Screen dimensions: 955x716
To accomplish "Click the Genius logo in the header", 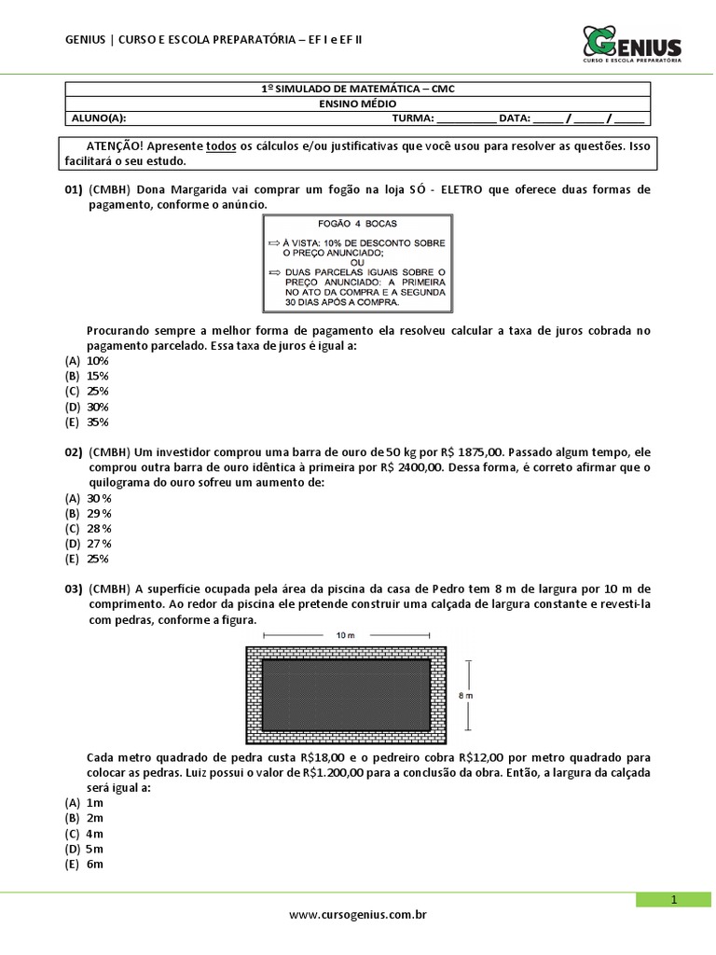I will coord(632,43).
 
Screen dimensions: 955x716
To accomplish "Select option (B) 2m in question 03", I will coord(85,818).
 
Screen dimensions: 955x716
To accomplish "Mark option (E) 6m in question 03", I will coord(85,865).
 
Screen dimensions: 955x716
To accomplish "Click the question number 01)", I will coord(74,189).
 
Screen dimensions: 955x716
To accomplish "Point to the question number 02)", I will coord(74,452).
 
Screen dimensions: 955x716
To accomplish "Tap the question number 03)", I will coord(74,589).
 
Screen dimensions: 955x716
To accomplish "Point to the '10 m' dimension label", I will coord(345,634).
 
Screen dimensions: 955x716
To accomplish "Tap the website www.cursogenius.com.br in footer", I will coord(358,916).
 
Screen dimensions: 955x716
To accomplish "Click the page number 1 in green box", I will coord(673,899).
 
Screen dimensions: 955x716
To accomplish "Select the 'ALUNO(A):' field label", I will coord(99,118).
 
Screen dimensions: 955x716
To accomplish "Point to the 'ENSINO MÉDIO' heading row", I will coord(358,104).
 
